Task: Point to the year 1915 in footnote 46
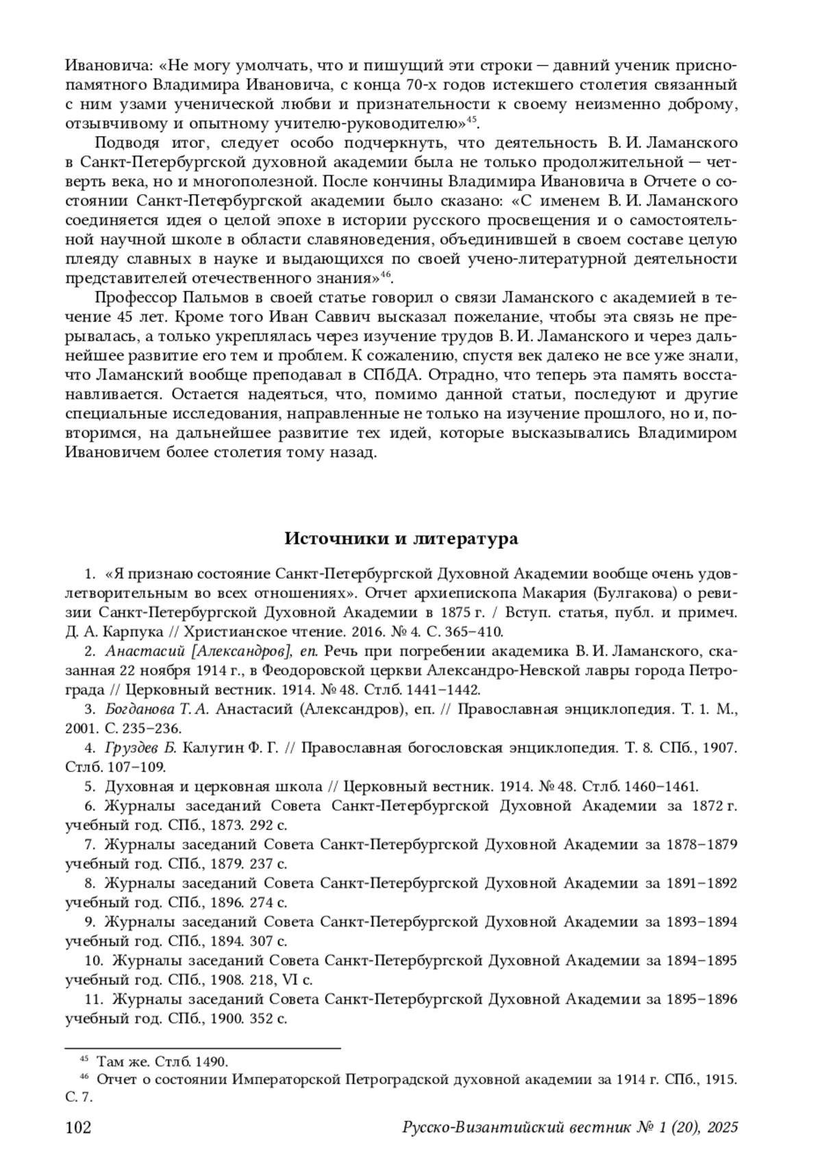[721, 1080]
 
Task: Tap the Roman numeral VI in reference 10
[282, 980]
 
